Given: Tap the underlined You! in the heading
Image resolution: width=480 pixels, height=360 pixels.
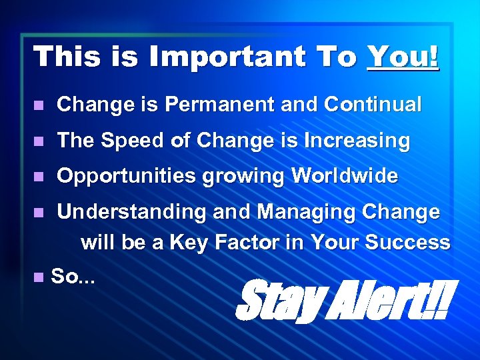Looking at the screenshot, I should (x=403, y=57).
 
